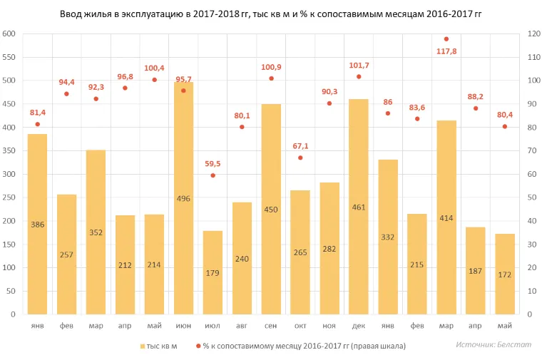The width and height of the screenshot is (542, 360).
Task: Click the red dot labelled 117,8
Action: (446, 39)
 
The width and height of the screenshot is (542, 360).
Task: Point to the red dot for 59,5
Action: (213, 175)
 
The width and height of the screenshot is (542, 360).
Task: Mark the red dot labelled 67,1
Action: (300, 158)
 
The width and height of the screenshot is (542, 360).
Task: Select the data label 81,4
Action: (37, 113)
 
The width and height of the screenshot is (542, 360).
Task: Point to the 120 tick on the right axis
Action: (532, 34)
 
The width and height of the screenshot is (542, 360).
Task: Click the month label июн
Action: (183, 326)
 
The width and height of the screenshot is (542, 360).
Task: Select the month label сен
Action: (271, 326)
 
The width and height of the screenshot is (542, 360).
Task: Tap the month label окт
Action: (300, 326)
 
